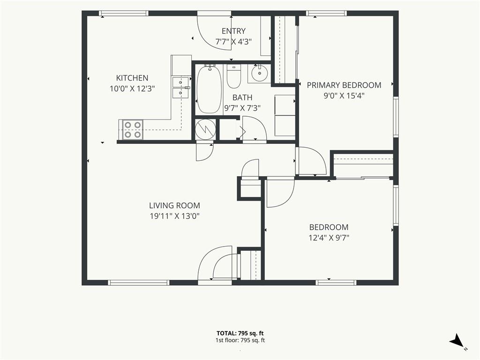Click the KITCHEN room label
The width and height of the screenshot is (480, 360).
[x=132, y=78]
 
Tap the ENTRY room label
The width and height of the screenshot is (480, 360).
[x=233, y=31]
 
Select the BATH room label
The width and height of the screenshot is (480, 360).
[x=242, y=97]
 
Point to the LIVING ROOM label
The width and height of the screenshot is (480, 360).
[x=174, y=205]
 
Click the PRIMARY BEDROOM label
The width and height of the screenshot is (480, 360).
[x=344, y=85]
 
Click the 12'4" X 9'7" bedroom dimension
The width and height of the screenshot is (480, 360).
[x=329, y=238]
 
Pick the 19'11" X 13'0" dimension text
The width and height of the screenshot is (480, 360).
[x=174, y=216]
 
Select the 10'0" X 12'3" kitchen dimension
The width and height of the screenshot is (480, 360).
[x=132, y=89]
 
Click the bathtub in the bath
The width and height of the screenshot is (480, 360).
[x=209, y=89]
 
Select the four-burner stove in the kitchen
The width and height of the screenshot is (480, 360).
[x=133, y=129]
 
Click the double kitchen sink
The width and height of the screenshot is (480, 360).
[x=180, y=88]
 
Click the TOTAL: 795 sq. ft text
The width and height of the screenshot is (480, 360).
[x=240, y=333]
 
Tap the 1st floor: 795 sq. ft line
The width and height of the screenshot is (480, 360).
[x=240, y=340]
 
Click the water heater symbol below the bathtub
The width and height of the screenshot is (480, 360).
[x=205, y=129]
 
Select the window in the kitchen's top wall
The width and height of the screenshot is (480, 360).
[x=123, y=13]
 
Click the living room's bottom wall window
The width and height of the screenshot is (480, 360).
[x=139, y=283]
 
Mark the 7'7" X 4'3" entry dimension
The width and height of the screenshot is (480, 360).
[x=233, y=42]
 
